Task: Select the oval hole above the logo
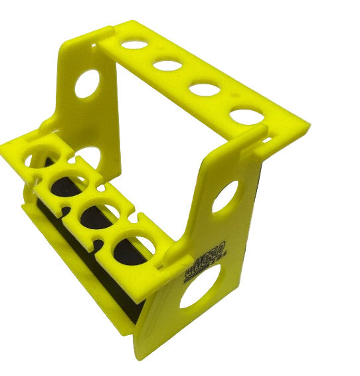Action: pyautogui.click(x=225, y=197)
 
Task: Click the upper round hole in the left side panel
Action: pyautogui.click(x=87, y=84)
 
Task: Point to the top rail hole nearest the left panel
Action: pyautogui.click(x=135, y=45)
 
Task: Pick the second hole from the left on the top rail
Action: pyautogui.click(x=167, y=66)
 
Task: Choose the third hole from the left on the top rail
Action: pyautogui.click(x=204, y=88)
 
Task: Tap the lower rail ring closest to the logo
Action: pyautogui.click(x=134, y=247)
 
